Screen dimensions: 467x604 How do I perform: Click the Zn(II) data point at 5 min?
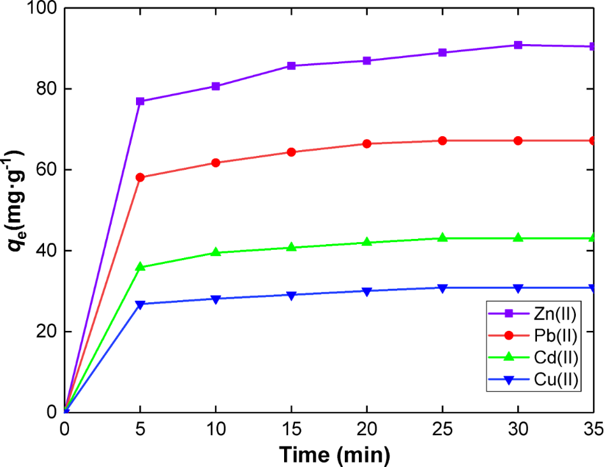pyautogui.click(x=140, y=101)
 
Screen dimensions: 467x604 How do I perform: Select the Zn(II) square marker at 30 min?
pyautogui.click(x=518, y=45)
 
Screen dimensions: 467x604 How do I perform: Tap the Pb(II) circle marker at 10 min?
pyautogui.click(x=216, y=163)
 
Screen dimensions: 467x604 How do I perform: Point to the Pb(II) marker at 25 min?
pyautogui.click(x=442, y=141)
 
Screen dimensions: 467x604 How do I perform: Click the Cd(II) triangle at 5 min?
pyautogui.click(x=140, y=266)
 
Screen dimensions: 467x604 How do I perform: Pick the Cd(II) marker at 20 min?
pyautogui.click(x=366, y=242)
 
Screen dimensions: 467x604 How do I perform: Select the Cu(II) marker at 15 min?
pyautogui.click(x=291, y=295)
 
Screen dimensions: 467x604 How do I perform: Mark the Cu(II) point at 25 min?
pyautogui.click(x=442, y=288)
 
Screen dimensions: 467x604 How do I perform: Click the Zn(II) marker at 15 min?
pyautogui.click(x=291, y=66)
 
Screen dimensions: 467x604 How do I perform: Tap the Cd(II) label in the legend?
pyautogui.click(x=554, y=358)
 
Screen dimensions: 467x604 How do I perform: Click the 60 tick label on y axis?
pyautogui.click(x=46, y=170)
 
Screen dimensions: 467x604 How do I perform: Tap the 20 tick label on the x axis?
pyautogui.click(x=366, y=429)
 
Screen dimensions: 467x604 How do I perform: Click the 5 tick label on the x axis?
pyautogui.click(x=140, y=429)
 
